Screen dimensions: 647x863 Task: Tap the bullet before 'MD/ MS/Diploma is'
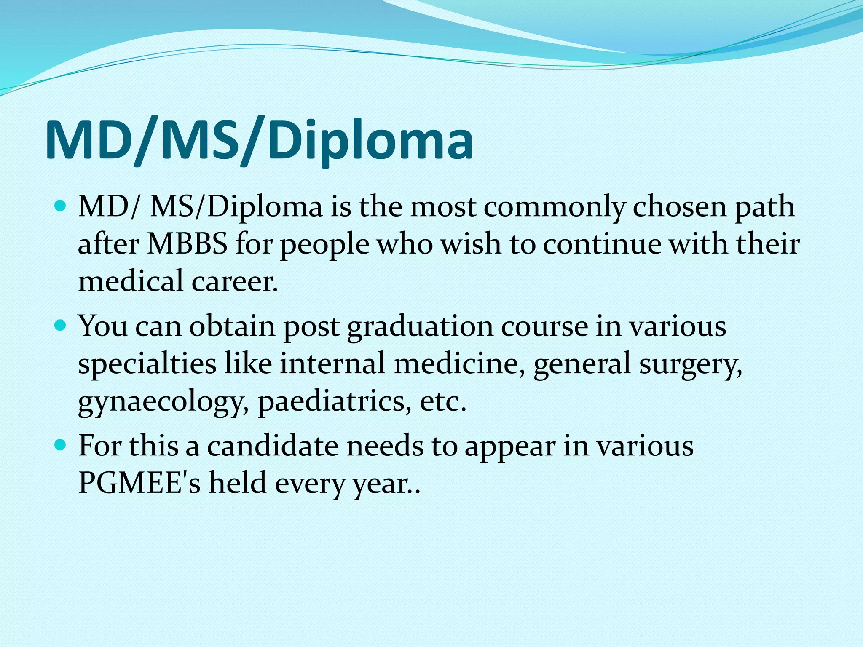pos(61,207)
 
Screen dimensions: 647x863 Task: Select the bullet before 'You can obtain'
pos(61,326)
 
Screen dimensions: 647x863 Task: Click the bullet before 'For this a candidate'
pos(61,445)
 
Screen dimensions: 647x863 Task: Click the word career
pos(235,281)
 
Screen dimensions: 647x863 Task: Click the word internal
pos(332,364)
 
